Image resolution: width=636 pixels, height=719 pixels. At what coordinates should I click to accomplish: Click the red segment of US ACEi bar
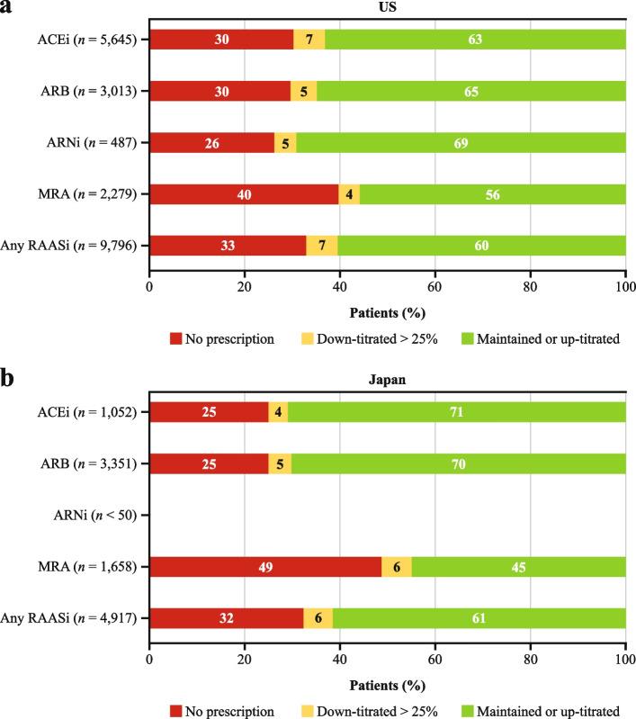point(220,39)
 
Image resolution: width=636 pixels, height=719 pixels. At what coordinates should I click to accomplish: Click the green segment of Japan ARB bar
point(459,463)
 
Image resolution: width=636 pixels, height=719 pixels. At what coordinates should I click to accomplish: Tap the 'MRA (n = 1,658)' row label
point(86,566)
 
